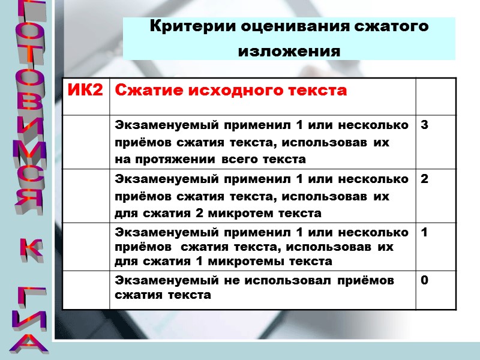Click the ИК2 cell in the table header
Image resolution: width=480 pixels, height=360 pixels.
coord(85,91)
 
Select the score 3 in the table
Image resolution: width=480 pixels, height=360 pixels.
coord(424,125)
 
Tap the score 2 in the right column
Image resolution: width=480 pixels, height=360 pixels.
coord(424,179)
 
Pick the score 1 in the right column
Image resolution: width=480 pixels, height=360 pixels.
coord(424,232)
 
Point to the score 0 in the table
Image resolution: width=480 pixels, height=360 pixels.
coord(424,280)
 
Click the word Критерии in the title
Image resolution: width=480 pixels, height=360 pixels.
coord(192,28)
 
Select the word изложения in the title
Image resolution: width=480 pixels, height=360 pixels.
coord(289,52)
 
